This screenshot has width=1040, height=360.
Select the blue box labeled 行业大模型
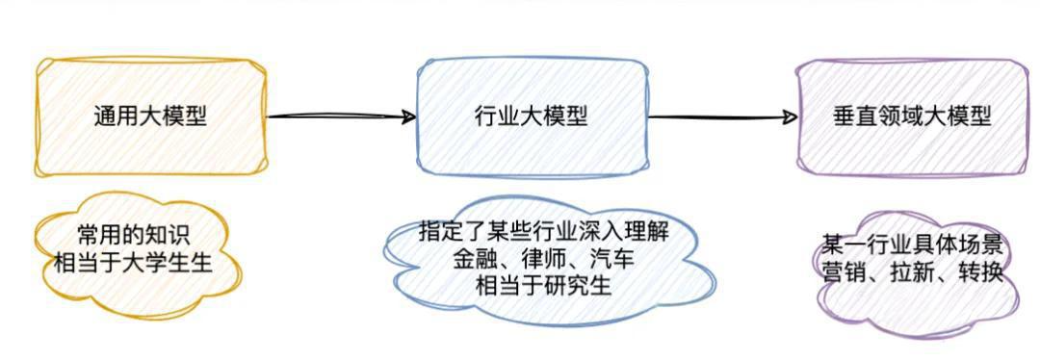click(x=532, y=116)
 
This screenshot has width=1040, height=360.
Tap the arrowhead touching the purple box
click(x=791, y=117)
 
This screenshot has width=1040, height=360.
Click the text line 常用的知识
click(x=134, y=236)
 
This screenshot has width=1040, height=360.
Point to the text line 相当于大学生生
click(x=134, y=261)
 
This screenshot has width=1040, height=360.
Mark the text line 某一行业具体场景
click(x=912, y=244)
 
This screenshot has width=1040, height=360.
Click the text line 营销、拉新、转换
click(x=912, y=271)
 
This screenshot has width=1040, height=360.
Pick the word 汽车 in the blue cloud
click(x=612, y=259)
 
